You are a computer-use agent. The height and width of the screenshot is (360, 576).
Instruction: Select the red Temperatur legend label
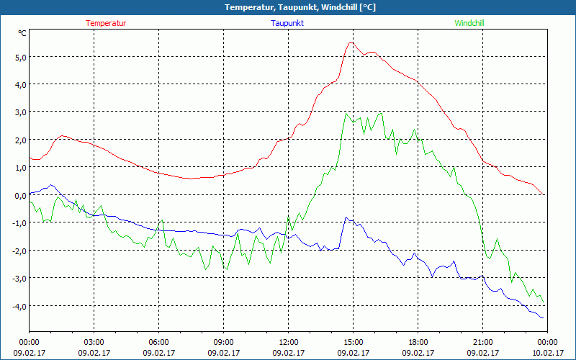coord(106,23)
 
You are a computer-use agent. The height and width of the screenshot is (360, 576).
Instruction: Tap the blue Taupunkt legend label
coord(287,23)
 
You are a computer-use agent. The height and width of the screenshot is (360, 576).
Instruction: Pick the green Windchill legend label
coord(469,23)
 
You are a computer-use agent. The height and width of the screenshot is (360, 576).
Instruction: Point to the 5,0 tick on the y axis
coord(19,57)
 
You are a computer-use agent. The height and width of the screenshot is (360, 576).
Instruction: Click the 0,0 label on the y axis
coord(19,195)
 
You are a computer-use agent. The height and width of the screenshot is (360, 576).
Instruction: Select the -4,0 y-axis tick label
coord(18,306)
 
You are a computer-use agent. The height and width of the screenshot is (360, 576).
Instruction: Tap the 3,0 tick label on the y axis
coord(19,112)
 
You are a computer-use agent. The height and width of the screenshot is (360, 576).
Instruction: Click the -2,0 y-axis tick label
coord(18,251)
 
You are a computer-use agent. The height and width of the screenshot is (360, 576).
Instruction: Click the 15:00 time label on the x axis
coord(353,342)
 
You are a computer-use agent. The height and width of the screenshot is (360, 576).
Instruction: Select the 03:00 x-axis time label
coord(94,342)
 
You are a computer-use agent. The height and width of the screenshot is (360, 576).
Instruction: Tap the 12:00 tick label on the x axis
coord(288,342)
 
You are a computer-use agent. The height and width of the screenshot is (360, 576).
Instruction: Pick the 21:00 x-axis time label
coord(482,342)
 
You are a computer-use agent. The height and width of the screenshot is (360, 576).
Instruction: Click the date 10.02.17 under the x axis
coord(547,353)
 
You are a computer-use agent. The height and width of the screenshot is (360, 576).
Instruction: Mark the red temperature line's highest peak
coord(351,42)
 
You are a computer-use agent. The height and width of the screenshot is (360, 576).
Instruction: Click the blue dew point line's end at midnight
coord(543,318)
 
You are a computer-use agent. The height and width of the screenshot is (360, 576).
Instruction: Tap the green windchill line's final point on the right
coord(543,302)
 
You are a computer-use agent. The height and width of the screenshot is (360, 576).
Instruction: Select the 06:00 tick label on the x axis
coord(158,342)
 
